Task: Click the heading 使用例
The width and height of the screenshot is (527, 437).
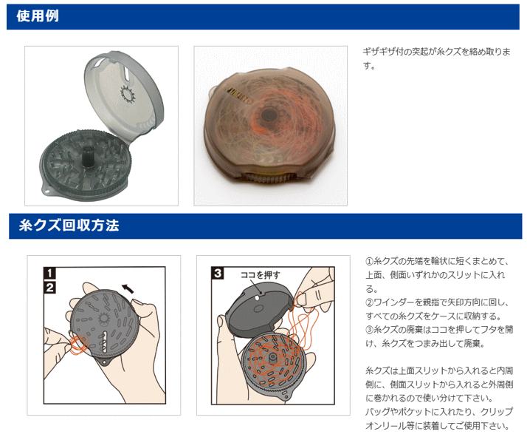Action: coord(38,16)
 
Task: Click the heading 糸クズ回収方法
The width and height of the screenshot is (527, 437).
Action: coord(69,226)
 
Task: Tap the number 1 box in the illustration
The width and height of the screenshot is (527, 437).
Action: coord(49,273)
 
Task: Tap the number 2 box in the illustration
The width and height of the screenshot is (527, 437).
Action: coord(49,287)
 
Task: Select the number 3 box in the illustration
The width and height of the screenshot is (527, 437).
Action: coord(218,273)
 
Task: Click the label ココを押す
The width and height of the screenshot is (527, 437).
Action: coord(260,275)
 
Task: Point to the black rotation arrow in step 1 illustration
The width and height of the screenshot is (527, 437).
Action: coord(128,288)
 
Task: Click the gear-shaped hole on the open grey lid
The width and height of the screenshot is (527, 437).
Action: coord(128,93)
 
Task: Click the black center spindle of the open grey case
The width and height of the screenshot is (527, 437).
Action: coord(88,156)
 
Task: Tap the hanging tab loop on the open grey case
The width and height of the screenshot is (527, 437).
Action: coord(46,192)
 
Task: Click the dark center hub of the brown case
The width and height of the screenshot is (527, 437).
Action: coord(268,115)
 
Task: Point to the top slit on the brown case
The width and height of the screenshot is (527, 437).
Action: coord(239,95)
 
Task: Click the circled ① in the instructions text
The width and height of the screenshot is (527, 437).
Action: coord(369,261)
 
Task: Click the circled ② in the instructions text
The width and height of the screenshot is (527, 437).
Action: coord(369,302)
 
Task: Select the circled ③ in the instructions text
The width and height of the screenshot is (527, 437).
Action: coord(369,330)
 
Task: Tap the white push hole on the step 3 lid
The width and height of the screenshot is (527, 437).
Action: coord(256,297)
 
